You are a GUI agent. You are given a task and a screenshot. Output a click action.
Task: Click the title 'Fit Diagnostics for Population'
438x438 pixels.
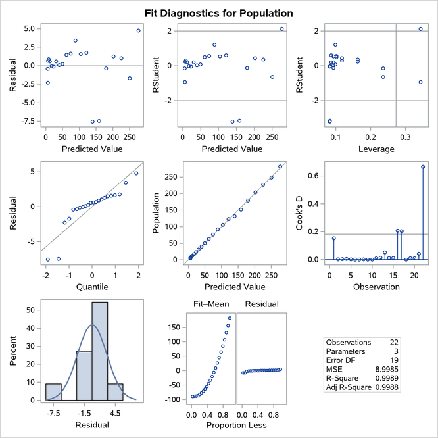pos(219,13)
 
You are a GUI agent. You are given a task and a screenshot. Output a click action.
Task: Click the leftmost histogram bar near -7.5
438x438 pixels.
pos(53,392)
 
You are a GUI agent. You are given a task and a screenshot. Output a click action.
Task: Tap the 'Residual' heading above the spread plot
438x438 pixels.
pos(261,304)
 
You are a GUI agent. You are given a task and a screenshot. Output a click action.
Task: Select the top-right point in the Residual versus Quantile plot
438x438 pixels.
pos(136,174)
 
